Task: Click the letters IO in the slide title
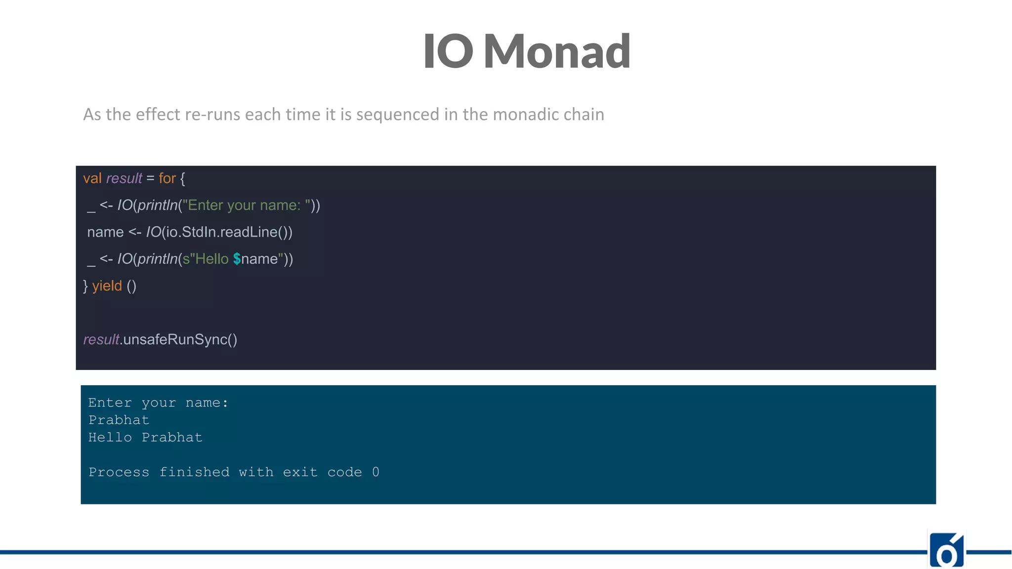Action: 448,51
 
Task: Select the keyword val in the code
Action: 92,178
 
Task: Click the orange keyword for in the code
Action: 167,178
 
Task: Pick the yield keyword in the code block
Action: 107,286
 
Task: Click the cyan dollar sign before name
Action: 237,259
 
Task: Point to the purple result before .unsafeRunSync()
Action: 101,340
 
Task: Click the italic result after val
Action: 124,178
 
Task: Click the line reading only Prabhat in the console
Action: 119,420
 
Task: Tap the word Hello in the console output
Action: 110,438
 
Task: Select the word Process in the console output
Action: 119,472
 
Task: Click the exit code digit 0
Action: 376,472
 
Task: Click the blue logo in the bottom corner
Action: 946,550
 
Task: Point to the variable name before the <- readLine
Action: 105,232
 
